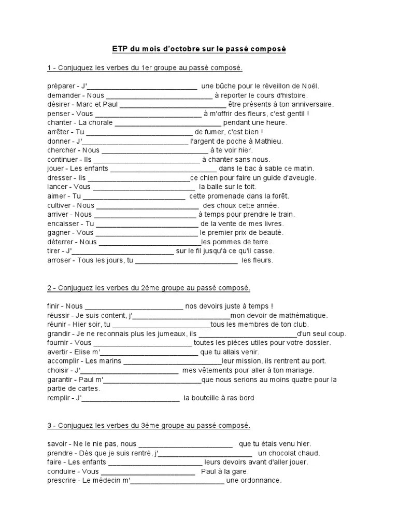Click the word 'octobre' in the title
[190, 49]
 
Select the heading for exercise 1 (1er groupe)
[145, 68]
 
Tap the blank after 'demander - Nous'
[159, 95]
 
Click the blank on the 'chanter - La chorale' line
[168, 123]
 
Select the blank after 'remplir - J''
[131, 398]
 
